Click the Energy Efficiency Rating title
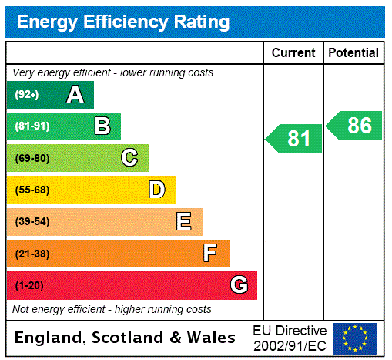coord(123,22)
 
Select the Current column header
coord(293,53)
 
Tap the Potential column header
coord(353,53)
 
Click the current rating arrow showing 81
coord(295,139)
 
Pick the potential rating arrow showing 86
coord(355,126)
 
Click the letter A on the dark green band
coord(75,95)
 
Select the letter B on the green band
coord(102,126)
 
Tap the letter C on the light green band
coord(129,158)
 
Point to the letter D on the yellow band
coord(156,190)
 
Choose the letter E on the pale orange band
coord(184,222)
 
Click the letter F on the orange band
coord(210,254)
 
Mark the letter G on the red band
coord(239,285)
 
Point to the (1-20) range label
coord(29,285)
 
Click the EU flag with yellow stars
coord(355,338)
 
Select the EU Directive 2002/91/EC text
coord(290,338)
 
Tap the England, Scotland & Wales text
coord(126,338)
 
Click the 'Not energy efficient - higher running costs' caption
coord(112,309)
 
